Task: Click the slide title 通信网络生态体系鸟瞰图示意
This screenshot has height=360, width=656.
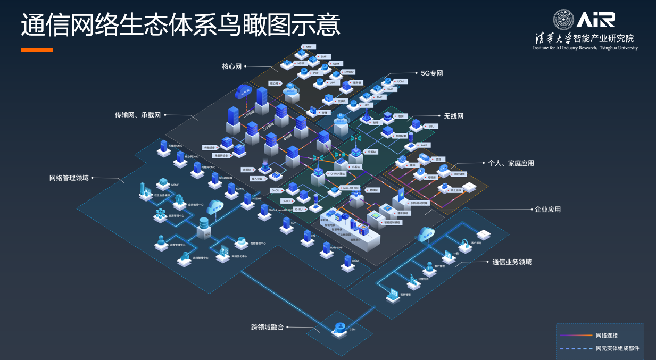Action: (x=180, y=26)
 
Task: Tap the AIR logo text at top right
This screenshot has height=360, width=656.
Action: (x=596, y=20)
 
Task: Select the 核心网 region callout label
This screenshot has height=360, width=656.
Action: (x=232, y=66)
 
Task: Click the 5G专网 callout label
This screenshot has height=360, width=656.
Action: (x=431, y=73)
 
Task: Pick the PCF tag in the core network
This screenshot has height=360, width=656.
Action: (x=315, y=73)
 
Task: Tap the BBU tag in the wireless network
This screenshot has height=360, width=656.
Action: (x=431, y=126)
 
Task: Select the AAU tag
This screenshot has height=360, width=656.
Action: (x=424, y=145)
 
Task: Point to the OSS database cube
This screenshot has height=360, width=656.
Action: (x=204, y=228)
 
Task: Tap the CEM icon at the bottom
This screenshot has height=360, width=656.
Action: (x=339, y=329)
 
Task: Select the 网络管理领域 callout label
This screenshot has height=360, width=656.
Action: (x=69, y=178)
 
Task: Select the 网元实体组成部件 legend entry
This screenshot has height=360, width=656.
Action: (x=617, y=349)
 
